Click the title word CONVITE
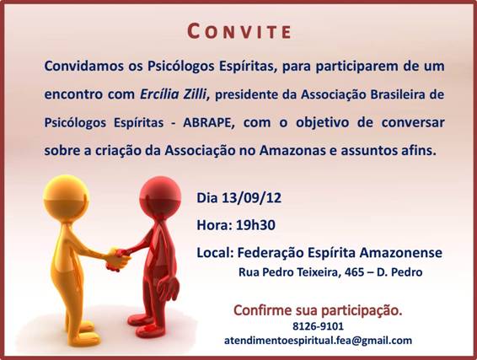[239, 31]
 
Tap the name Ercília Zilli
[173, 94]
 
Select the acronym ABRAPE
[209, 122]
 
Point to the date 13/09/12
[251, 198]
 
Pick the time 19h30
[255, 225]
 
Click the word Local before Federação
[215, 253]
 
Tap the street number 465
[354, 271]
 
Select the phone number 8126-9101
[318, 326]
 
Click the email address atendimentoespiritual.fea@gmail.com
[318, 341]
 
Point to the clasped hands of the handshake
[117, 259]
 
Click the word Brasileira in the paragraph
[402, 94]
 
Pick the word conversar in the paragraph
[413, 122]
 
